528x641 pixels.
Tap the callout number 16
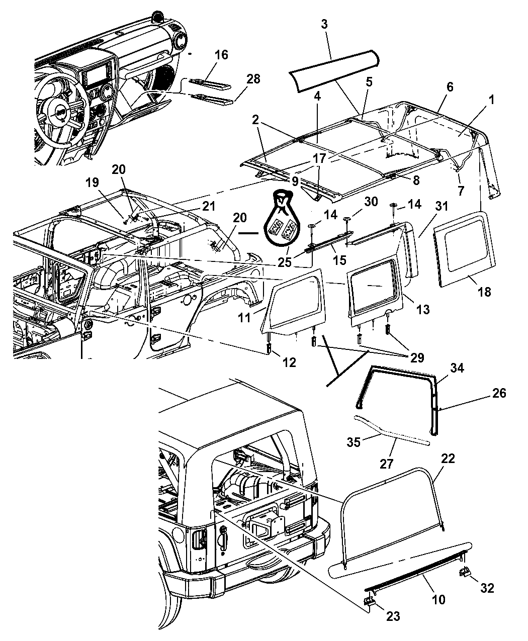click(221, 55)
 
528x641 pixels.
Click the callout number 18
click(484, 292)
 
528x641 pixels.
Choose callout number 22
click(448, 458)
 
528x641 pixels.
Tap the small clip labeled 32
click(465, 573)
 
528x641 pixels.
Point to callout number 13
click(423, 309)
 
